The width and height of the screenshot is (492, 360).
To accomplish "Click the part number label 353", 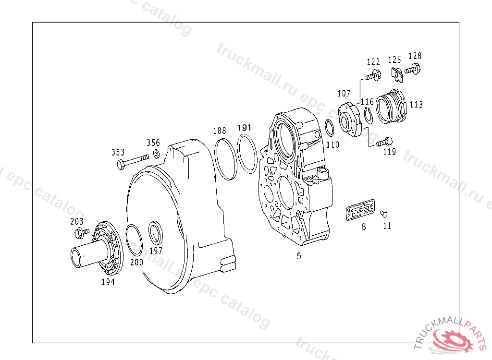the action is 118,152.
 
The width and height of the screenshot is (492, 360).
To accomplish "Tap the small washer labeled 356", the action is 156,154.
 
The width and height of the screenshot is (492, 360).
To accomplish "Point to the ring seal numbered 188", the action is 226,159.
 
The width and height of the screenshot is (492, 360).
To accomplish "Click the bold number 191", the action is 244,128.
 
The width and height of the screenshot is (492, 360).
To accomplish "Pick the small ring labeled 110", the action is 330,128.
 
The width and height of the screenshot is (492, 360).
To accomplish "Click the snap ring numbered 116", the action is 369,117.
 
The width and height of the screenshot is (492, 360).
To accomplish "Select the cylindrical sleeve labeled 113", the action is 392,108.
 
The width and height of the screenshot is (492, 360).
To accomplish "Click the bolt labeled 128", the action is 413,70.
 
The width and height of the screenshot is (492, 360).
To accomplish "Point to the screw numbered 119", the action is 384,142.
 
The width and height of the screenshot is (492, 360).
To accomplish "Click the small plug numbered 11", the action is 383,214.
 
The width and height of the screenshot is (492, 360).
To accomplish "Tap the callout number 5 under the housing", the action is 299,256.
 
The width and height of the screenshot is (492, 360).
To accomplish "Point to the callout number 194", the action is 108,282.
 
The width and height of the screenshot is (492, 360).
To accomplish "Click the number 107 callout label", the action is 344,93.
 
